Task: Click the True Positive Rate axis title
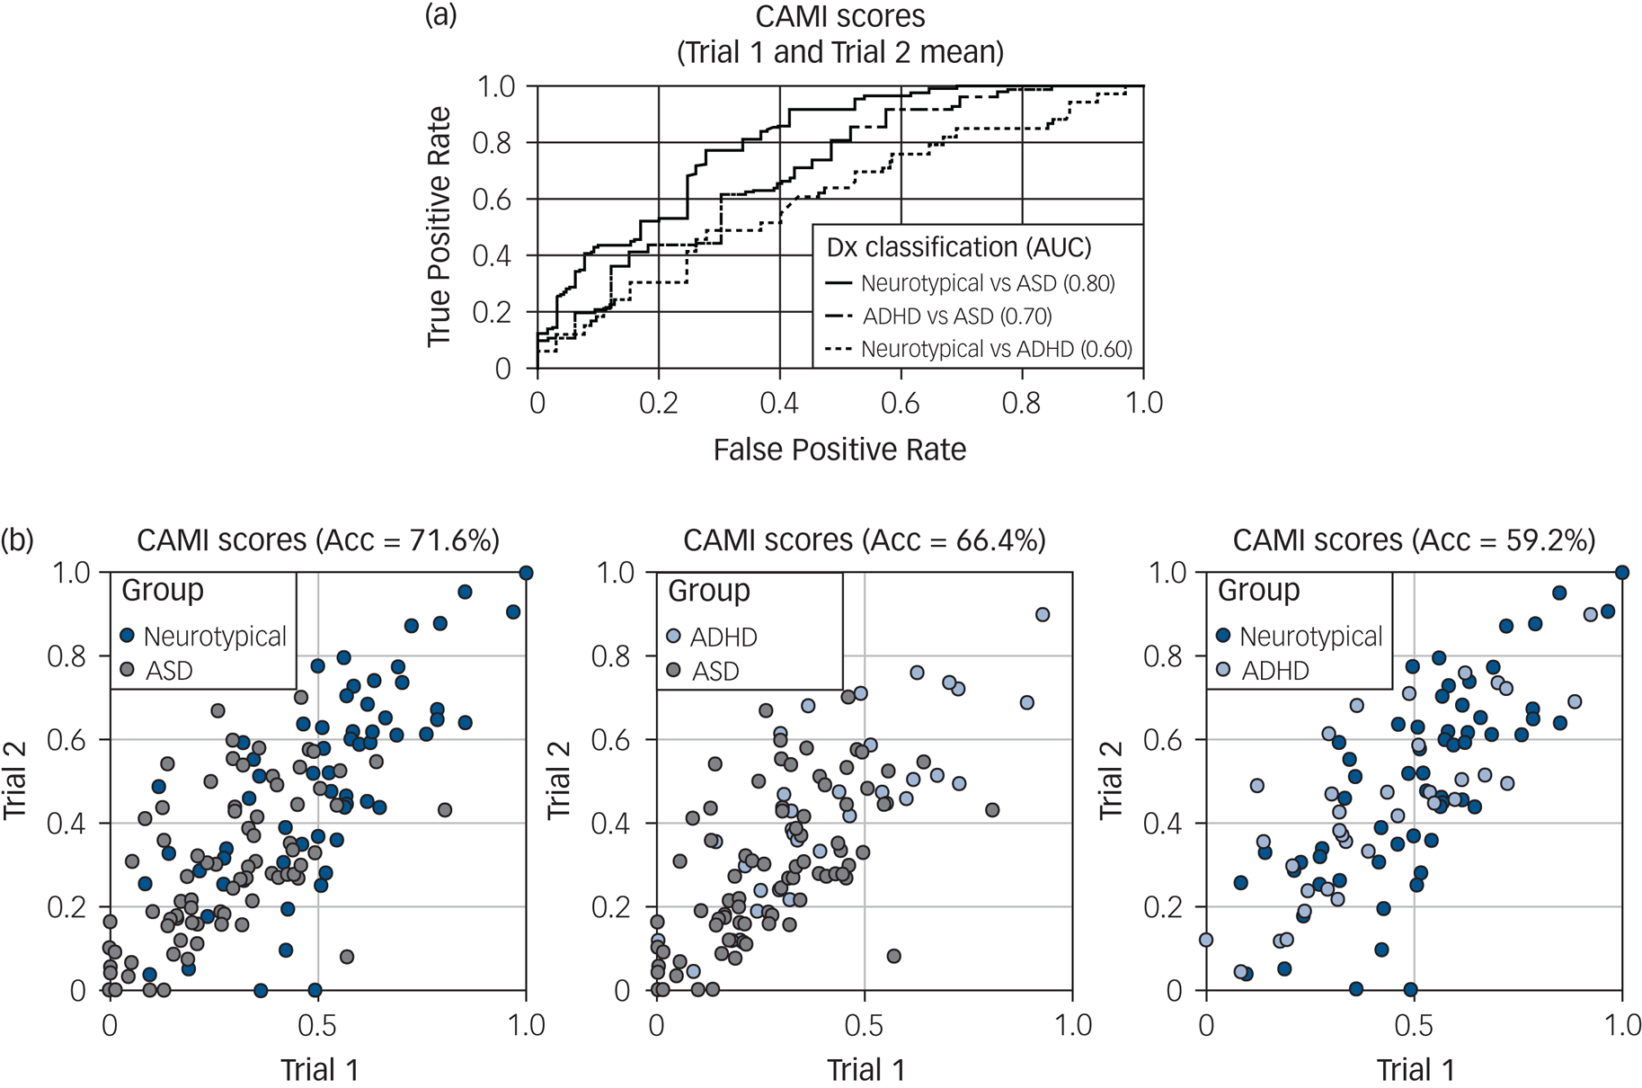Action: pyautogui.click(x=439, y=227)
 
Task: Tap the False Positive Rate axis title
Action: pyautogui.click(x=839, y=450)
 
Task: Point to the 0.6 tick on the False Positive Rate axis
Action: pyautogui.click(x=901, y=403)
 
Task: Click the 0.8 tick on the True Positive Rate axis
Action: pyautogui.click(x=493, y=143)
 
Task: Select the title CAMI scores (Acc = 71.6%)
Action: pyautogui.click(x=318, y=540)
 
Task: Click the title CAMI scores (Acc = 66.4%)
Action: pyautogui.click(x=865, y=540)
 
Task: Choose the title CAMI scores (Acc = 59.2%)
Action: pyautogui.click(x=1414, y=540)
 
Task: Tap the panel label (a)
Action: pyautogui.click(x=440, y=15)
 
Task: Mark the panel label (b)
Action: pyautogui.click(x=17, y=540)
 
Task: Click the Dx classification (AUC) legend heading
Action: pyautogui.click(x=958, y=247)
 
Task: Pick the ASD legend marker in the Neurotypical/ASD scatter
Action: pyautogui.click(x=128, y=670)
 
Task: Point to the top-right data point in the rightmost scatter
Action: pyautogui.click(x=1622, y=573)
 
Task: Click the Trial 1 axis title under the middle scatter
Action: pyautogui.click(x=865, y=1070)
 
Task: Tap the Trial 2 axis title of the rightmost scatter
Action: pyautogui.click(x=1112, y=780)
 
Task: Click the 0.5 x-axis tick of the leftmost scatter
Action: pyautogui.click(x=317, y=1025)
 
